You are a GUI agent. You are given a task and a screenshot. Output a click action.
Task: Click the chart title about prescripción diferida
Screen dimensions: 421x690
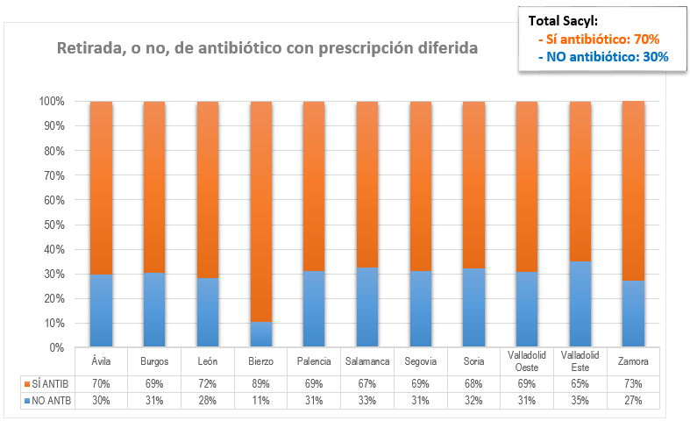click(x=267, y=48)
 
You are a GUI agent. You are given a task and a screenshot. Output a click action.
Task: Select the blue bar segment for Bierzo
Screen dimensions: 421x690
click(x=260, y=335)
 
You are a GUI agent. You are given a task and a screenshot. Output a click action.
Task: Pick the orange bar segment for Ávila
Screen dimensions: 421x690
click(x=101, y=188)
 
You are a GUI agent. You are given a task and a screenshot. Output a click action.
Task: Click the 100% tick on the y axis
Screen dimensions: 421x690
click(x=51, y=102)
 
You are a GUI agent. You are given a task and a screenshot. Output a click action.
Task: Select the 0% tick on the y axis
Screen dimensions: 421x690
click(x=55, y=348)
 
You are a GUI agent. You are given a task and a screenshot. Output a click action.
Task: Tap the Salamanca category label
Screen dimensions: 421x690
click(x=367, y=360)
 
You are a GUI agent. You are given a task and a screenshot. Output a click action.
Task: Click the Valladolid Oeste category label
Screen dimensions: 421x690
click(x=527, y=360)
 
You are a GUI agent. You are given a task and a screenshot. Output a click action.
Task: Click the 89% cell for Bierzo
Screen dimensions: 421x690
click(x=260, y=384)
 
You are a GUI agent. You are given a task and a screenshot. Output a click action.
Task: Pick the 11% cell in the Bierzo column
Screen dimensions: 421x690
click(x=260, y=401)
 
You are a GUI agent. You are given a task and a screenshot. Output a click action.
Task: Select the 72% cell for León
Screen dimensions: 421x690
click(x=208, y=384)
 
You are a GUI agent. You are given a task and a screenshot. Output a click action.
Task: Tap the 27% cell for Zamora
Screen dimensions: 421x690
click(x=633, y=401)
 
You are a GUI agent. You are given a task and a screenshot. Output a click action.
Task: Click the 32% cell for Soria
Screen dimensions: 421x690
click(x=473, y=401)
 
